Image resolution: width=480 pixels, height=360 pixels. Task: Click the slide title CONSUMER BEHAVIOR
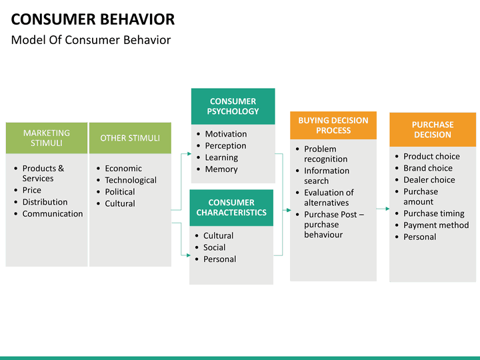click(x=93, y=19)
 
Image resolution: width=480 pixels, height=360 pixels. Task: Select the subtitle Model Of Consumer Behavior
click(x=91, y=40)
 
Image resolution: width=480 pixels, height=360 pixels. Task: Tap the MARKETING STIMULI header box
click(x=47, y=138)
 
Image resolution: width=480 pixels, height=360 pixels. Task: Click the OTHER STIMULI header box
click(x=130, y=138)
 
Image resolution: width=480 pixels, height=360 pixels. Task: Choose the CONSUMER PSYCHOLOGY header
click(x=233, y=106)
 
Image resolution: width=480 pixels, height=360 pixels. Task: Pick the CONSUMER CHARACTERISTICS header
click(x=231, y=207)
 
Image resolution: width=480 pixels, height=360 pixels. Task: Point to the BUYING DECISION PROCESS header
click(x=333, y=125)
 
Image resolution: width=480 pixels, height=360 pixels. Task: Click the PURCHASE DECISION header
click(x=433, y=129)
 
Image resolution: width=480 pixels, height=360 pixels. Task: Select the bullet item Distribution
click(x=45, y=202)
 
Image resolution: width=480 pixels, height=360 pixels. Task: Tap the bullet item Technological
click(x=131, y=180)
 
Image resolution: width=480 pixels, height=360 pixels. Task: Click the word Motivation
click(x=226, y=134)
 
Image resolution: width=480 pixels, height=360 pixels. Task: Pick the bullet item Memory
click(x=221, y=169)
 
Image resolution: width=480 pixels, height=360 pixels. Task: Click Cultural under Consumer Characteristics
click(x=218, y=236)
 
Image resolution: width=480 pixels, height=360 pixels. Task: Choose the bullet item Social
click(x=214, y=247)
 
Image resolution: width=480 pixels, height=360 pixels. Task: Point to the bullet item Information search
click(x=327, y=176)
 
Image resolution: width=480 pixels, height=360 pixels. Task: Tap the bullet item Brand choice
click(x=428, y=168)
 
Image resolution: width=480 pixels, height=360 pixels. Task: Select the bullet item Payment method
click(x=436, y=225)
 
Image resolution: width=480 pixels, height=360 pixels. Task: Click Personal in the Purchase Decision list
click(x=420, y=237)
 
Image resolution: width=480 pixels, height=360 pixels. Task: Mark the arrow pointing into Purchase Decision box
click(x=383, y=209)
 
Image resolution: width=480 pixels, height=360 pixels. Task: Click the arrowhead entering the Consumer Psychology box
click(x=189, y=154)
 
